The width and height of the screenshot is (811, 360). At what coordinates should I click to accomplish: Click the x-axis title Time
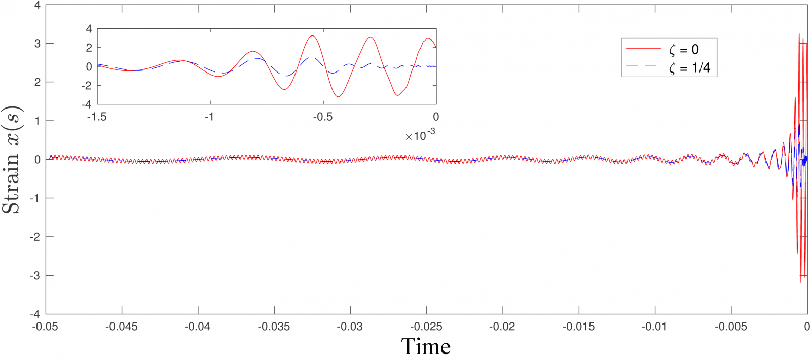tap(426, 347)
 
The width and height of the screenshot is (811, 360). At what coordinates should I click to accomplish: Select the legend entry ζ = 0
tap(684, 50)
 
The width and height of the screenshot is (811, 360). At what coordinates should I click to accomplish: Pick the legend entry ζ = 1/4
tap(689, 67)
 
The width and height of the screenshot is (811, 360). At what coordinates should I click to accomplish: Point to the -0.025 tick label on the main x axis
tap(426, 327)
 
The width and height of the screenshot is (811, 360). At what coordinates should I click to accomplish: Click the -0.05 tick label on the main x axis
tap(46, 327)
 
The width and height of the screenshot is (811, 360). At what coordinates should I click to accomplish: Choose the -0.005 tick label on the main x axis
tap(730, 327)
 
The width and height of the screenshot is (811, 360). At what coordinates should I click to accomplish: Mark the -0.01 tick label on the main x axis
tap(654, 327)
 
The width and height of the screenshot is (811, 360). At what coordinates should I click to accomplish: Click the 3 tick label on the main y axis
tap(38, 44)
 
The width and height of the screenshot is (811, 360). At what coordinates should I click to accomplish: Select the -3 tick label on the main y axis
tap(35, 276)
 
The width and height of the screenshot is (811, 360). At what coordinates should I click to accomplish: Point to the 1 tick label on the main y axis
tap(38, 121)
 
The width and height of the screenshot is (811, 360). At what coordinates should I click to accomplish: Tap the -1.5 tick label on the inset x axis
tap(97, 117)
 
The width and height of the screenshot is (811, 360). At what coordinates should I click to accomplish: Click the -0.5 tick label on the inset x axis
tap(322, 117)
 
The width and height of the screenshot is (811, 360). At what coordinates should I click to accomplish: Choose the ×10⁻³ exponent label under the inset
tap(420, 135)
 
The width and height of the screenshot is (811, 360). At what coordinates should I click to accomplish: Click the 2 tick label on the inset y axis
tap(89, 48)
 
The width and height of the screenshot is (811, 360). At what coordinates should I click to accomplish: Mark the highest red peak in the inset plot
tap(313, 36)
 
